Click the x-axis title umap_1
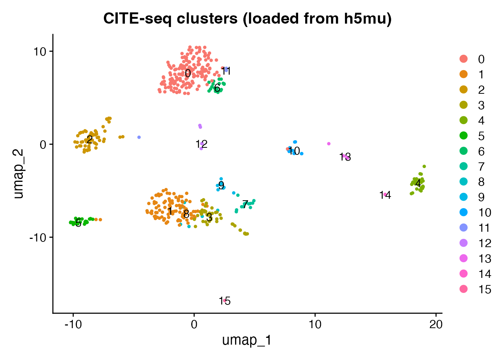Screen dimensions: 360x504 [247, 340]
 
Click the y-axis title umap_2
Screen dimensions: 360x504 [18, 174]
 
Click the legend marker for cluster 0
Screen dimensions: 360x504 [464, 59]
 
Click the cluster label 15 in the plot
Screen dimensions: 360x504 [225, 301]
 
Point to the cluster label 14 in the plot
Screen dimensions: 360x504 [385, 195]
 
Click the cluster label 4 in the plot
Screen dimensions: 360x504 [418, 183]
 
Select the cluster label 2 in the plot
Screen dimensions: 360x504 [90, 140]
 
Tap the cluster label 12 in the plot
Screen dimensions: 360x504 [201, 144]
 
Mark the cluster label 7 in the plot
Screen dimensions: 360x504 [245, 205]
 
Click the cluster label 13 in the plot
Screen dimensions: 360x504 [345, 157]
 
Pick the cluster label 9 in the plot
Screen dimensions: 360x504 [221, 185]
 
